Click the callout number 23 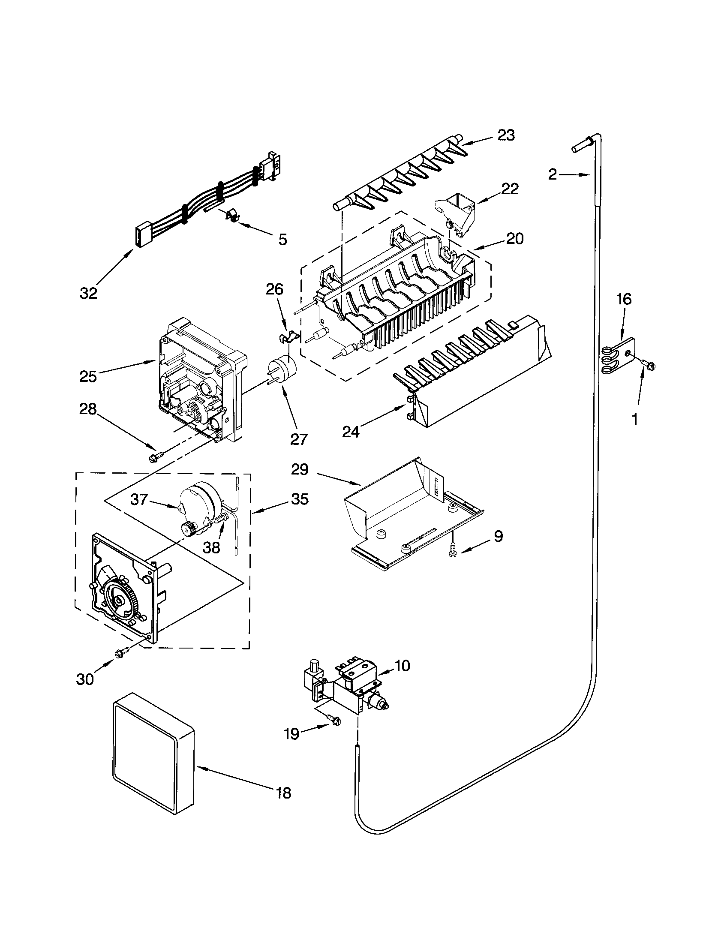point(506,135)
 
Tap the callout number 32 point(88,293)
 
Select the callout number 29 point(300,469)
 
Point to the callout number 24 point(351,431)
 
